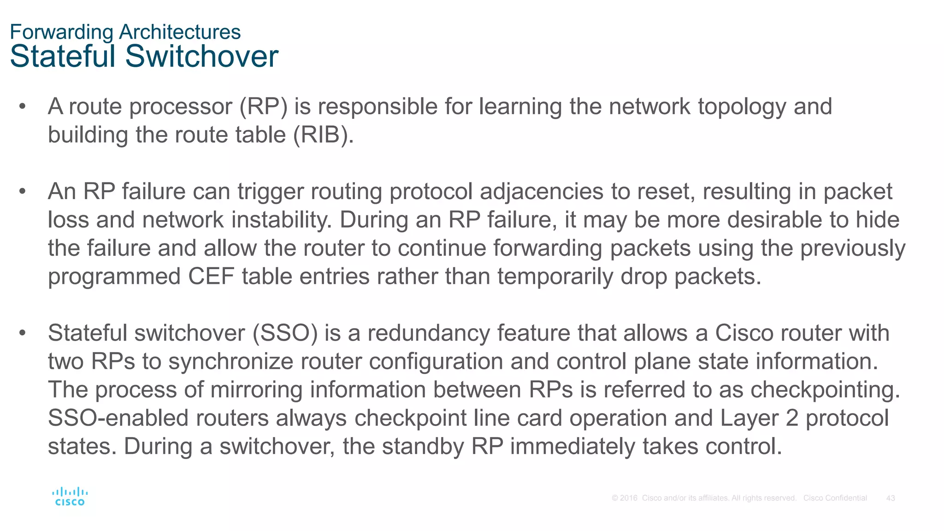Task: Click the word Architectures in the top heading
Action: tap(180, 32)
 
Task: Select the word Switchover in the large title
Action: tap(201, 56)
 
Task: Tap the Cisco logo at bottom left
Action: tap(70, 496)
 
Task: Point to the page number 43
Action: tap(891, 498)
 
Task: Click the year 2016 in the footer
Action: tap(629, 498)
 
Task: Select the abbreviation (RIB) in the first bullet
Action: tap(323, 135)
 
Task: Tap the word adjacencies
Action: tap(542, 192)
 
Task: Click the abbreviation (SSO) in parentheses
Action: tap(285, 333)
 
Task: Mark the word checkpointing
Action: tap(825, 390)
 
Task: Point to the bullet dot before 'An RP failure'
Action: tap(22, 191)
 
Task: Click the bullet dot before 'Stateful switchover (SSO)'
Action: tap(22, 332)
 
